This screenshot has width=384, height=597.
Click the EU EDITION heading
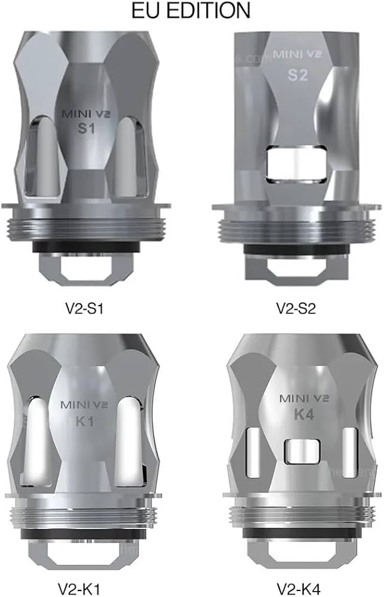click(x=192, y=11)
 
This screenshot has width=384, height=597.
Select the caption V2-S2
click(x=296, y=309)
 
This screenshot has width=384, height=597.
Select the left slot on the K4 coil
click(x=252, y=453)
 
